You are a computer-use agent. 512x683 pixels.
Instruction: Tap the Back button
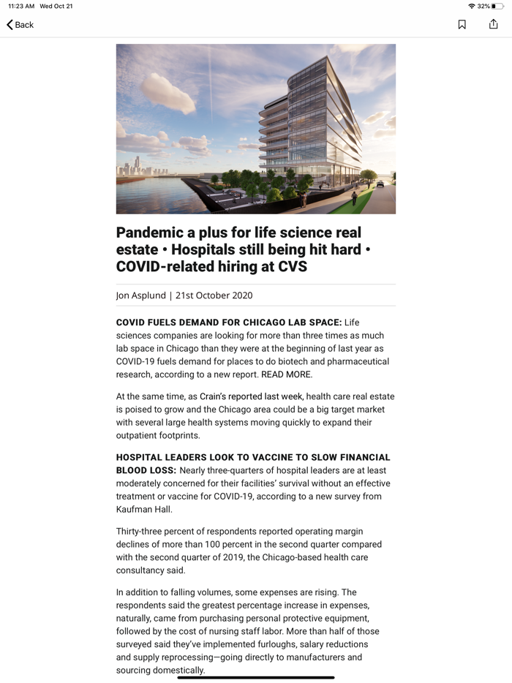click(20, 25)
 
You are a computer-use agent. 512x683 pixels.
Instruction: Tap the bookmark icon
click(462, 25)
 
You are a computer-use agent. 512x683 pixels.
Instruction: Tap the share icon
click(493, 25)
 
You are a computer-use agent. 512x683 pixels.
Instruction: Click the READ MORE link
click(286, 374)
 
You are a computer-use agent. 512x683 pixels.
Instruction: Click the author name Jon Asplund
click(140, 295)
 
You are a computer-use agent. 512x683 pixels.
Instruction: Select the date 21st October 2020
click(214, 295)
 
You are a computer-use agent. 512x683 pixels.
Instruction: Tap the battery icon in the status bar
click(497, 6)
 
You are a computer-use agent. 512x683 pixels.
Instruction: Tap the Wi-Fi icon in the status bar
click(472, 6)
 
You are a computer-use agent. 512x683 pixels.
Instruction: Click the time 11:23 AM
click(21, 6)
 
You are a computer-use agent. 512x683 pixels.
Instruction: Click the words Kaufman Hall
click(143, 510)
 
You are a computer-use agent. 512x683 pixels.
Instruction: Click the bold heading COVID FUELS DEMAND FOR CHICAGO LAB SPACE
click(228, 322)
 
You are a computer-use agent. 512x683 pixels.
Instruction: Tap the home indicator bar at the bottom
click(256, 677)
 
